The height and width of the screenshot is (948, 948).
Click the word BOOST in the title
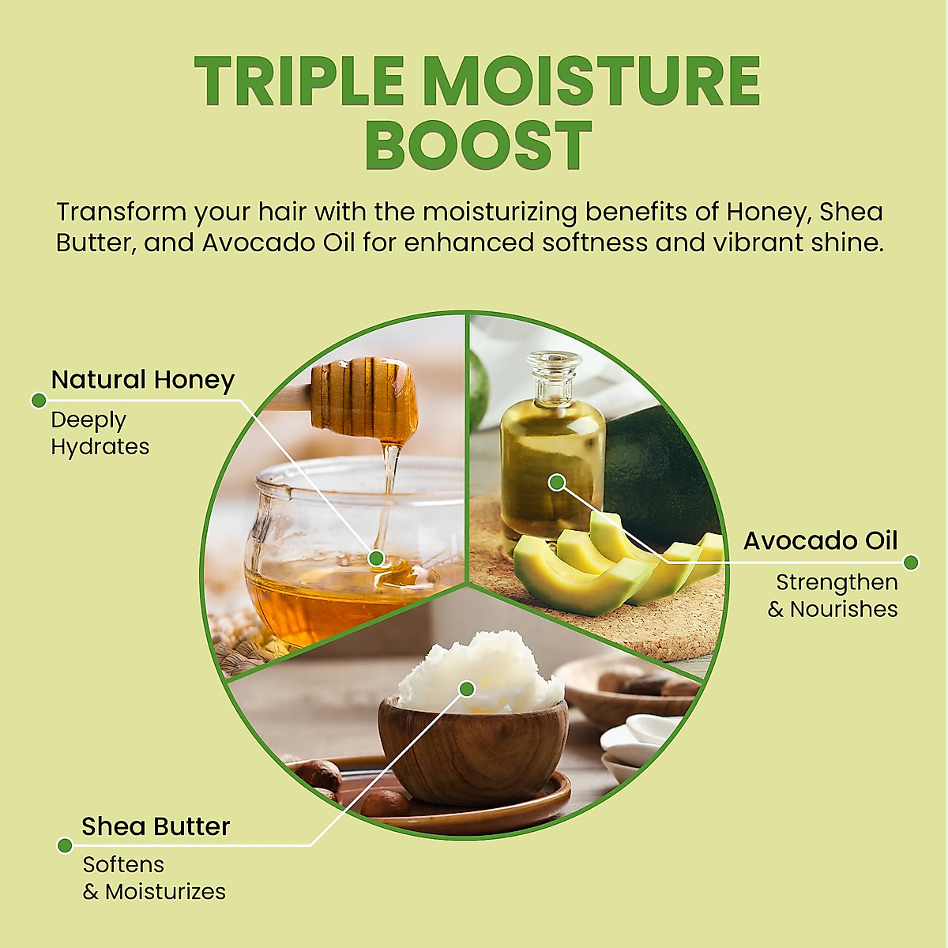[x=478, y=146]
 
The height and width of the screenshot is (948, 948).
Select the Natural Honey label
[x=143, y=380]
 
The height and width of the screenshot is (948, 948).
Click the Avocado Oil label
[x=820, y=541]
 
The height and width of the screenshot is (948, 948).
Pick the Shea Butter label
[x=156, y=826]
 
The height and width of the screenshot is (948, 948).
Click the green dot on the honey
[x=377, y=559]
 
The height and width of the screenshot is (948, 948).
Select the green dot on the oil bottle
[x=557, y=481]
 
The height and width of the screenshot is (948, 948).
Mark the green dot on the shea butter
[x=466, y=689]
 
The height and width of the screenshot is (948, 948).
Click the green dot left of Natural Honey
[x=38, y=400]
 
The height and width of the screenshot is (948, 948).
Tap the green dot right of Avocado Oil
[x=911, y=562]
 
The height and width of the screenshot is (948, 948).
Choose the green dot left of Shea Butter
[x=65, y=846]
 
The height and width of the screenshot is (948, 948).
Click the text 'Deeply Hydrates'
[x=100, y=433]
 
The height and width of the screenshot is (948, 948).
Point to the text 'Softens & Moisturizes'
[x=154, y=878]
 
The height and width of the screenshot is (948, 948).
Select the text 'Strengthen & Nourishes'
[x=833, y=596]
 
